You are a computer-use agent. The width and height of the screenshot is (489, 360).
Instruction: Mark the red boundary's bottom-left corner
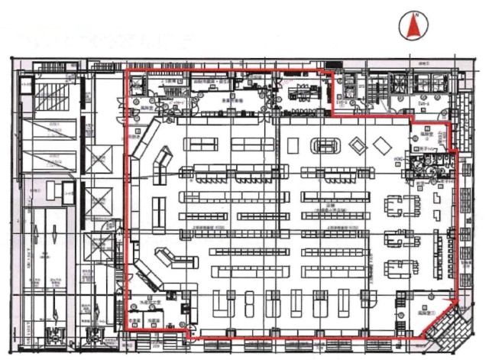(125, 329)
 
